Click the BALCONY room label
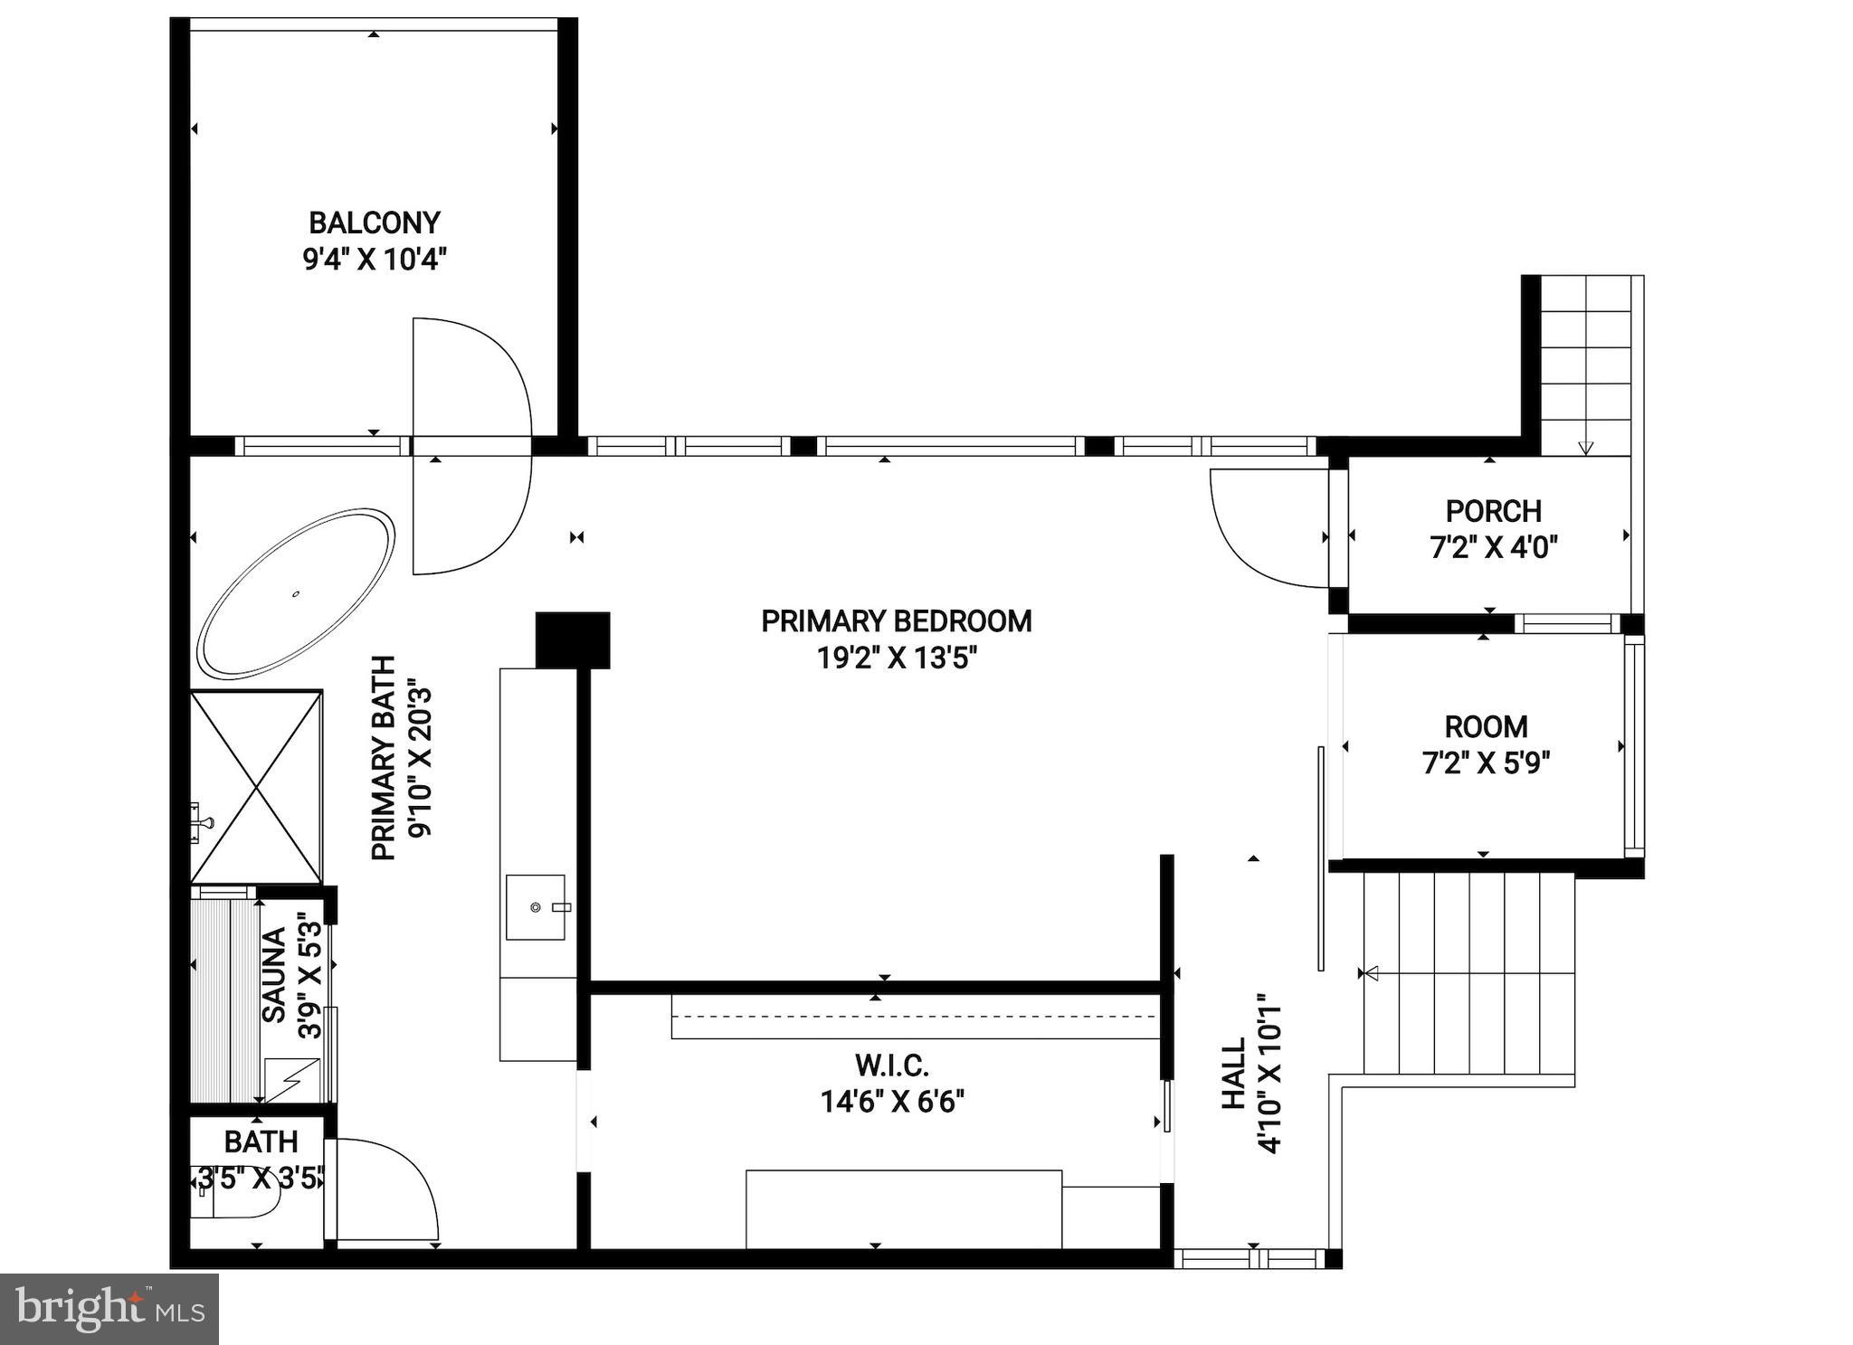(374, 223)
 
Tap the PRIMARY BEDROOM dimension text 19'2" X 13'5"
(897, 658)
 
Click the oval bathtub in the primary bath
(296, 594)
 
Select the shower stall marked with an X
(256, 787)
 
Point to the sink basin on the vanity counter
(536, 906)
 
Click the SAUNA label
(273, 974)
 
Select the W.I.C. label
(892, 1066)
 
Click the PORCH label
(1493, 511)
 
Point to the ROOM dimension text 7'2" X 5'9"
(1486, 764)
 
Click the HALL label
(1234, 1074)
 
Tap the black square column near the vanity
(573, 639)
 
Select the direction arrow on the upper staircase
(1585, 447)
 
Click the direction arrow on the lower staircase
(1371, 973)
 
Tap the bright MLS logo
(109, 1309)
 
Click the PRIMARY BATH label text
(384, 758)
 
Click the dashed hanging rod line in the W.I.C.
(914, 1016)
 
